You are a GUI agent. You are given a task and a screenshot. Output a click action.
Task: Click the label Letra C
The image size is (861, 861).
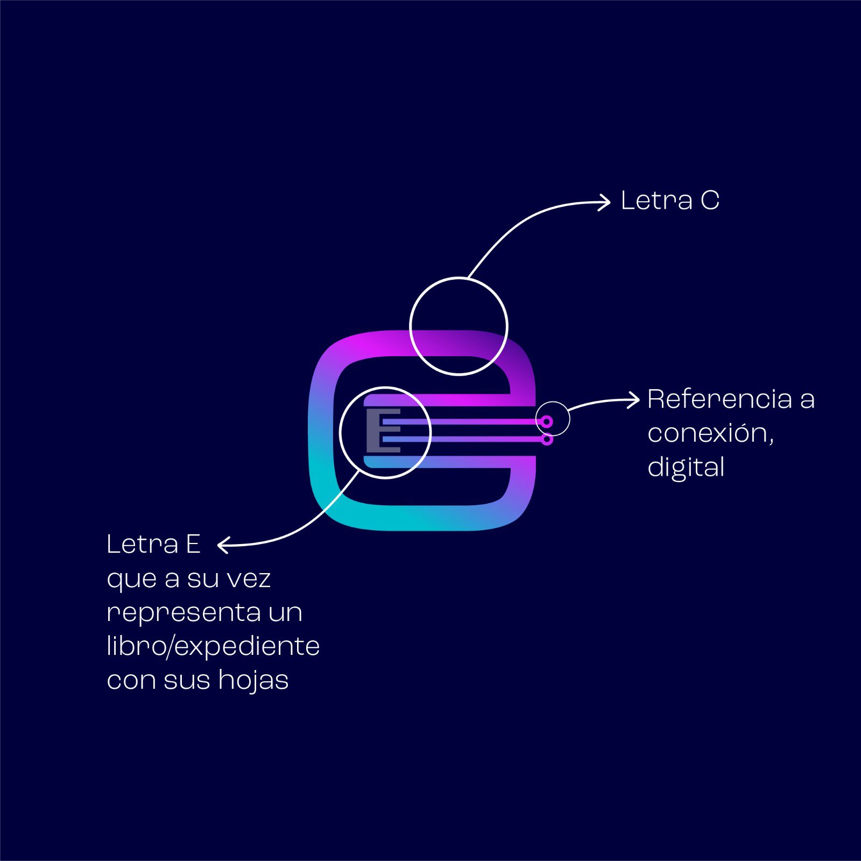tap(669, 201)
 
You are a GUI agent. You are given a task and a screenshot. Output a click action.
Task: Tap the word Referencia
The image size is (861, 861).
tap(719, 399)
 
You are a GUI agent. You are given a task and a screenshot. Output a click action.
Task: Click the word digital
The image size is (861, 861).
tap(686, 467)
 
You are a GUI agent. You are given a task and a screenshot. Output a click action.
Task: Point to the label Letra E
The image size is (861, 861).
tap(153, 545)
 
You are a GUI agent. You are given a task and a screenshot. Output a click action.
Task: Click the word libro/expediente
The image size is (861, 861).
tap(213, 646)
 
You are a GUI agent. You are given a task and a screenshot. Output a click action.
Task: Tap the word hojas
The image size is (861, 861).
tap(253, 680)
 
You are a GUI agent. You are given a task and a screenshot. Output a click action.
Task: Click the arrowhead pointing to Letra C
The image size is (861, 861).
tap(605, 202)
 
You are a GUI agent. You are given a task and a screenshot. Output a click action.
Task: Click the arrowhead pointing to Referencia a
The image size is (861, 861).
tap(634, 400)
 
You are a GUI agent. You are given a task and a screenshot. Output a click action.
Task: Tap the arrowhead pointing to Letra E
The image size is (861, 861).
tap(223, 545)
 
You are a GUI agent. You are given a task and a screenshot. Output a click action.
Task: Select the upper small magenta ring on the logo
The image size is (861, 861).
tap(546, 421)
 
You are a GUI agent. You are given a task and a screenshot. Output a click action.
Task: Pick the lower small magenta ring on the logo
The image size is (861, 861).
tap(547, 440)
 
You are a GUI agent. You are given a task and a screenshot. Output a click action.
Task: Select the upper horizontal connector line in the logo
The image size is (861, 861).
tap(463, 422)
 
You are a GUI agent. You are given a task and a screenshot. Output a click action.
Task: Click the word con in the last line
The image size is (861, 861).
tap(131, 681)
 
